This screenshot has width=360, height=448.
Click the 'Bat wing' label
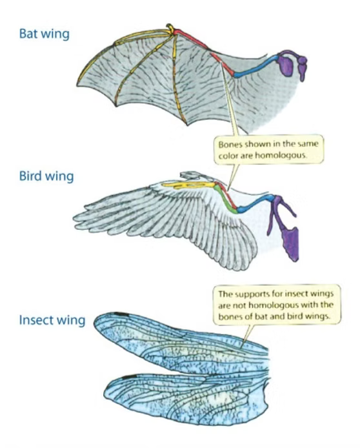[x=45, y=34]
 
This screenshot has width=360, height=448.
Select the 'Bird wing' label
[x=46, y=176]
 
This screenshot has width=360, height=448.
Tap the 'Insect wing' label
[x=52, y=320]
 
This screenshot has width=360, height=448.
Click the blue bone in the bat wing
[x=257, y=66]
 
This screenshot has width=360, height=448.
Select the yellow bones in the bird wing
[x=189, y=186]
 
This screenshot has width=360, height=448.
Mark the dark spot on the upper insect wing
[x=121, y=314]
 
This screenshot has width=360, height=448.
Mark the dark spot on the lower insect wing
[x=129, y=377]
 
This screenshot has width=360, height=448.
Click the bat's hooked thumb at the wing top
[x=170, y=28]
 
